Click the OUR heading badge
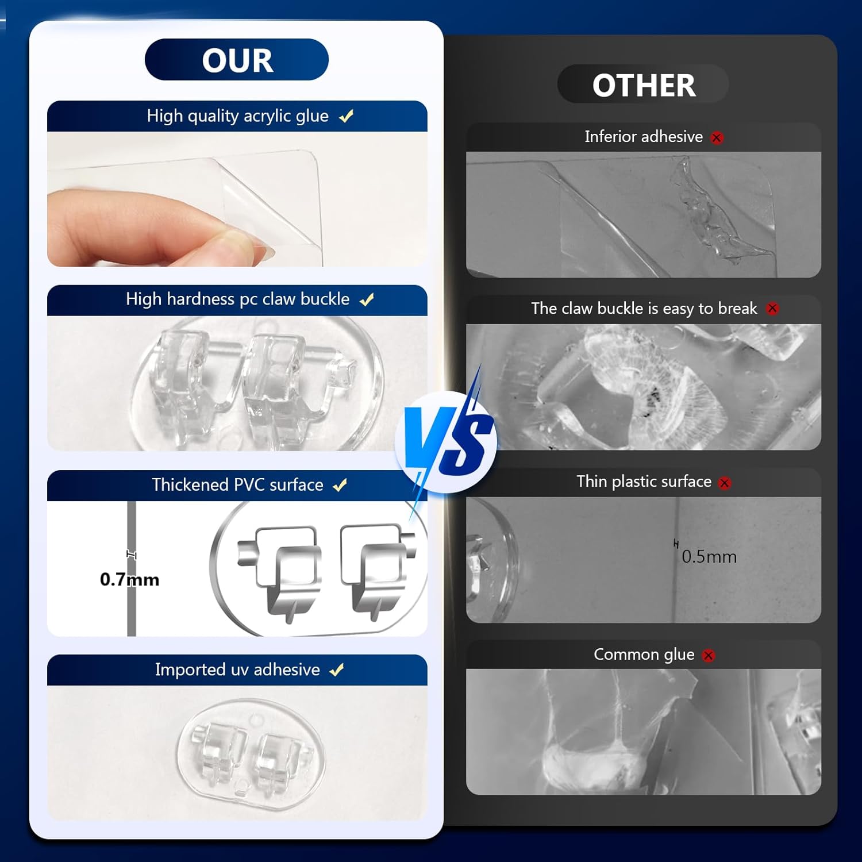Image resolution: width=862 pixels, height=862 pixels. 237,60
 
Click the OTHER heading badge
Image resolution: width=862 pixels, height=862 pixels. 643,84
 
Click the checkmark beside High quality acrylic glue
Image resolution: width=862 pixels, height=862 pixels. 346,117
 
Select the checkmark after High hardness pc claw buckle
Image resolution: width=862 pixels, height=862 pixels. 367,299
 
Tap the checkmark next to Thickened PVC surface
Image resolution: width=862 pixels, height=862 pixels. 340,485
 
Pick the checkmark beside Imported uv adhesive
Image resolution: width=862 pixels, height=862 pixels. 337,669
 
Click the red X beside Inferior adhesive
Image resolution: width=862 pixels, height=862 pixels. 717,138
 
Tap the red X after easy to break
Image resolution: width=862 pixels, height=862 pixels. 772,309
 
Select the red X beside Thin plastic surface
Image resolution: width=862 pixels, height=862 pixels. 725,483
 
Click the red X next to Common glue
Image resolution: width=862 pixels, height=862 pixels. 709,655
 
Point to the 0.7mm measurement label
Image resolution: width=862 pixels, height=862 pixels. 129,579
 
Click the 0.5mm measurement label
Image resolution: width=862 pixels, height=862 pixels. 709,556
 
